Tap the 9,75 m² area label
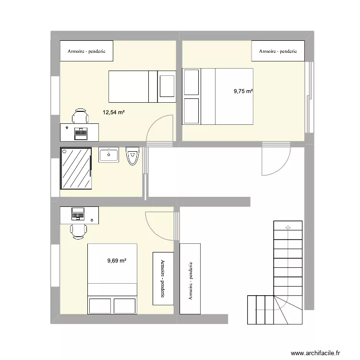pyautogui.click(x=243, y=91)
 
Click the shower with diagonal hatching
pyautogui.click(x=76, y=168)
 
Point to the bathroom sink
pyautogui.click(x=109, y=155)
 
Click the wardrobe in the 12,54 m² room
pyautogui.click(x=86, y=51)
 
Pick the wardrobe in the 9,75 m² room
pyautogui.click(x=278, y=51)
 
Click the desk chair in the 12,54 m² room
pyautogui.click(x=80, y=116)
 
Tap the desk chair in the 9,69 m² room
pyautogui.click(x=78, y=231)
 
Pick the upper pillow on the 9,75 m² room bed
pyautogui.click(x=191, y=82)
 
